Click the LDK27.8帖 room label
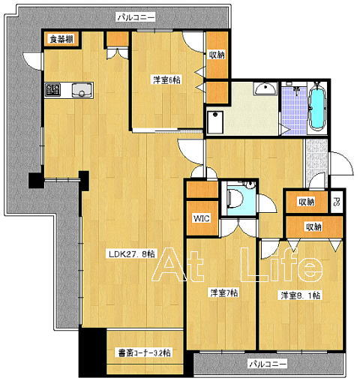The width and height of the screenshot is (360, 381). [x=132, y=254]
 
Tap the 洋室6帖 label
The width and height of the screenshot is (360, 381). [x=166, y=80]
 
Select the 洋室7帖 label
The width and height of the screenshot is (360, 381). [x=224, y=292]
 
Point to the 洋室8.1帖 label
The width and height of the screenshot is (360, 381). [x=300, y=295]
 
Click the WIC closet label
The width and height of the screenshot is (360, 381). [x=202, y=218]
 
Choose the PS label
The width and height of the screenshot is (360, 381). [x=337, y=202]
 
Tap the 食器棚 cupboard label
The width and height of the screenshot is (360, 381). [x=61, y=39]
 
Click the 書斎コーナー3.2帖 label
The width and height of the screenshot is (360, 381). [x=144, y=353]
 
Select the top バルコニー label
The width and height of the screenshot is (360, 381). [x=136, y=17]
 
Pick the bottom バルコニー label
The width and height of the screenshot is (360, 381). [x=268, y=364]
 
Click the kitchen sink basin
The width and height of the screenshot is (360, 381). [x=82, y=90]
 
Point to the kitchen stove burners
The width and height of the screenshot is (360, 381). [x=52, y=90]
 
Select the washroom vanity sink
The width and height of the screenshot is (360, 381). [x=265, y=88]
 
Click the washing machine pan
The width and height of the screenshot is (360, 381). [x=216, y=122]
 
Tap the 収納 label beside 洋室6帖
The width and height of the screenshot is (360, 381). [x=217, y=55]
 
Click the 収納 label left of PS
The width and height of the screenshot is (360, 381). [x=307, y=202]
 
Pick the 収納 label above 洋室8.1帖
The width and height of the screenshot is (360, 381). [x=313, y=227]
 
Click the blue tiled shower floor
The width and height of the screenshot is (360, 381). [x=294, y=110]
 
